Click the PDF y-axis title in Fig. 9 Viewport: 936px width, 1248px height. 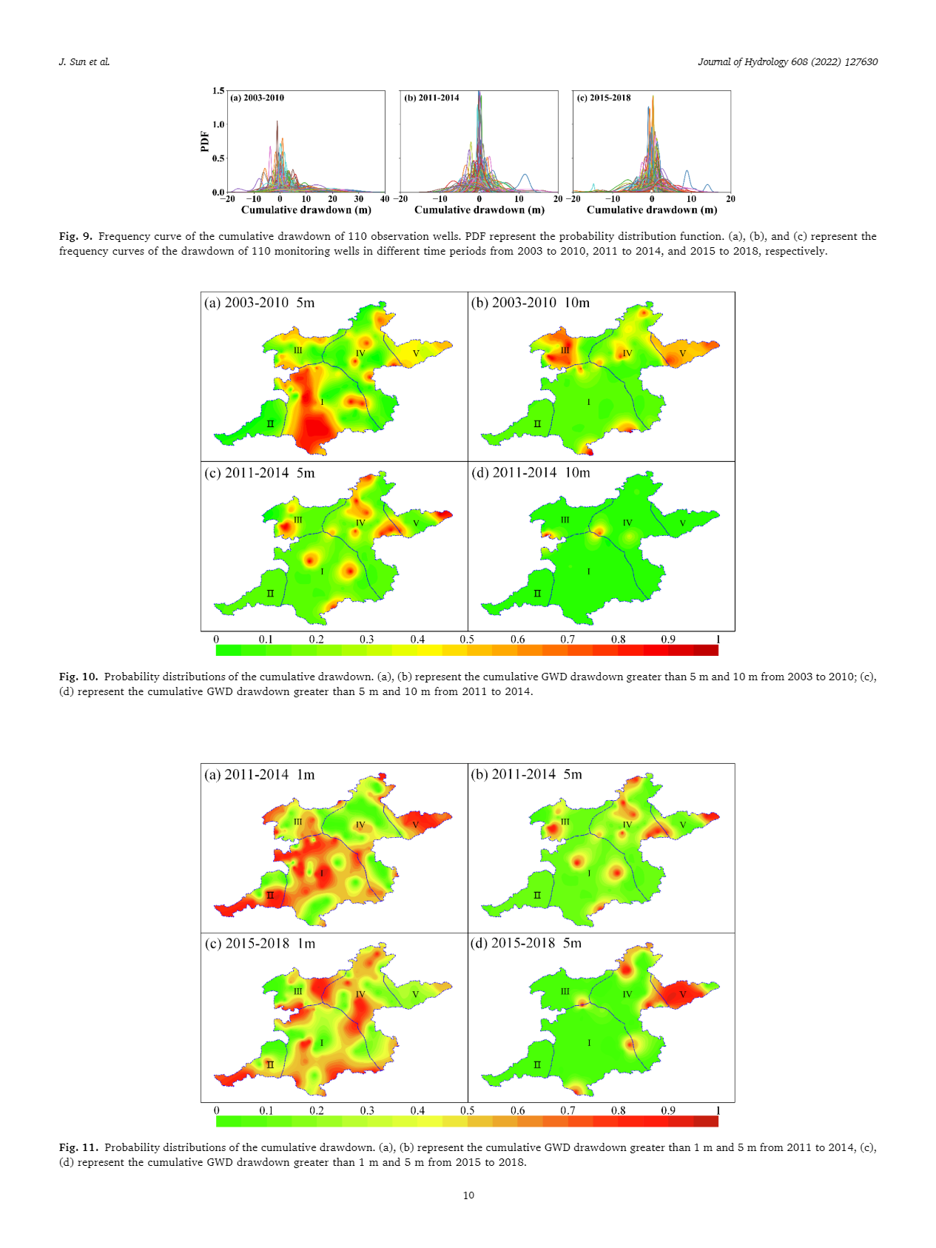205,141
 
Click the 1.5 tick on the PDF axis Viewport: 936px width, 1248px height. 218,91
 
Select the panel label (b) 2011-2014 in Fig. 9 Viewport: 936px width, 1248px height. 431,98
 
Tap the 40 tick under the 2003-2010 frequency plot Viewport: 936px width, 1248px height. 385,199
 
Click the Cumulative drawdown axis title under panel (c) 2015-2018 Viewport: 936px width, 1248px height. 652,210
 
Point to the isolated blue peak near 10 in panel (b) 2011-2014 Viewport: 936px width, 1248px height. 525,178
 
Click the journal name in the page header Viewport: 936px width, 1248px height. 787,62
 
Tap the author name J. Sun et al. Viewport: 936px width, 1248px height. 84,62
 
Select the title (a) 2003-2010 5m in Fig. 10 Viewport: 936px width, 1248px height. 260,303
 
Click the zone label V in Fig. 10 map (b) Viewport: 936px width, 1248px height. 682,354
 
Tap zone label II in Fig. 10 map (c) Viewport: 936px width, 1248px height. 270,594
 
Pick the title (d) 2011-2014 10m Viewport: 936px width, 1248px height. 531,473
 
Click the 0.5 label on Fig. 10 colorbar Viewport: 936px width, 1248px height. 467,640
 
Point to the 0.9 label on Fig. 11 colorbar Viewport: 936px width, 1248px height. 668,1111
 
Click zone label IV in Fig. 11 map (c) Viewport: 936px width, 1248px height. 360,994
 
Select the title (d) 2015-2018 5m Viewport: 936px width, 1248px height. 526,944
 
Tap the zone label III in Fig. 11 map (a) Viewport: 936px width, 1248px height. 297,822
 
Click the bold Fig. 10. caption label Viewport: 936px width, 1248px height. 78,677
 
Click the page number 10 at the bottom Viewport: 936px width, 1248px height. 468,1195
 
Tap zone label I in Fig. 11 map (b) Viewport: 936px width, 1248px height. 589,873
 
